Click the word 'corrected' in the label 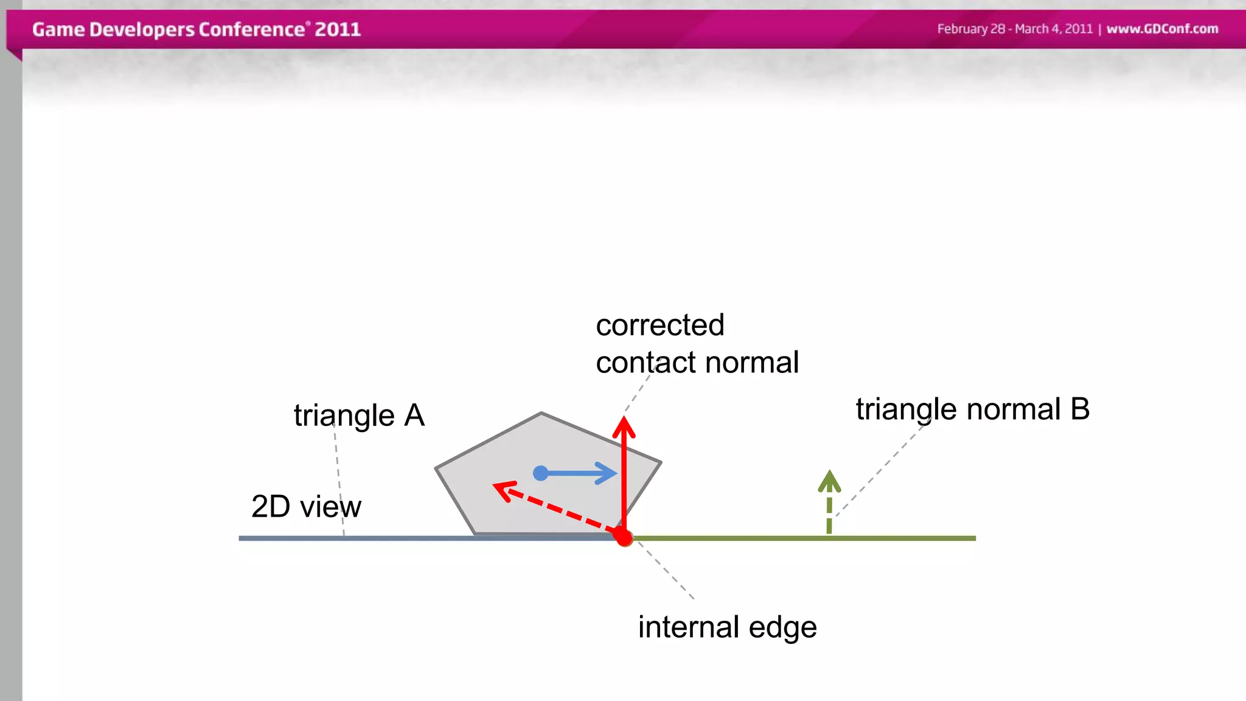tap(660, 325)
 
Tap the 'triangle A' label tap(359, 416)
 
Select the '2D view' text tap(306, 506)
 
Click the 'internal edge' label tap(727, 627)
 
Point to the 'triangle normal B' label tap(972, 409)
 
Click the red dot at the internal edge tap(624, 537)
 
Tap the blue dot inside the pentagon tap(540, 473)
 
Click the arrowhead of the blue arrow tap(609, 473)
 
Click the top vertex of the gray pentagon tap(541, 413)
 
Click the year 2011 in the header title tap(338, 29)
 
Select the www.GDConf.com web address tap(1162, 29)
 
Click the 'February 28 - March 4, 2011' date tap(1014, 29)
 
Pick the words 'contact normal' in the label tap(697, 363)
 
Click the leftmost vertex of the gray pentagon tap(436, 468)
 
